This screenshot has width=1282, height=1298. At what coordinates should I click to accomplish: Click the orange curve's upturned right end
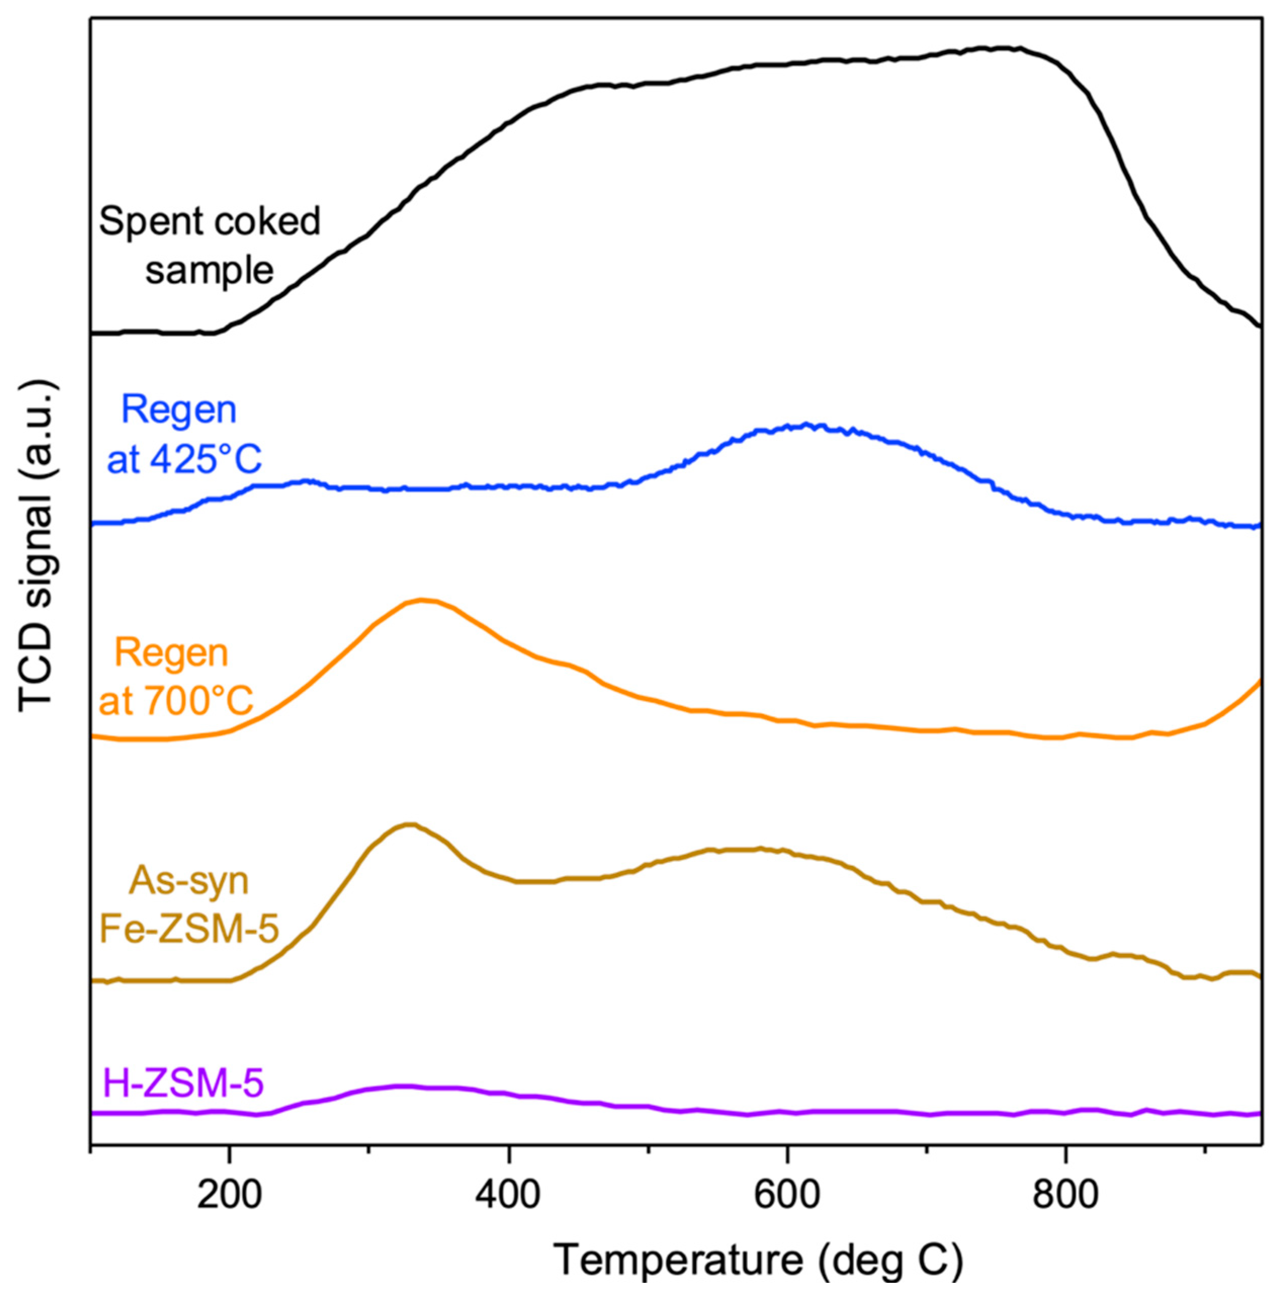tap(1256, 684)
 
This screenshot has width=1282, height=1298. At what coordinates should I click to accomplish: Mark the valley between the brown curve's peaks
tap(531, 881)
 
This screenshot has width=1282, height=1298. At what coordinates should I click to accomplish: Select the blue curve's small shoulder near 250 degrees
tap(306, 481)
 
